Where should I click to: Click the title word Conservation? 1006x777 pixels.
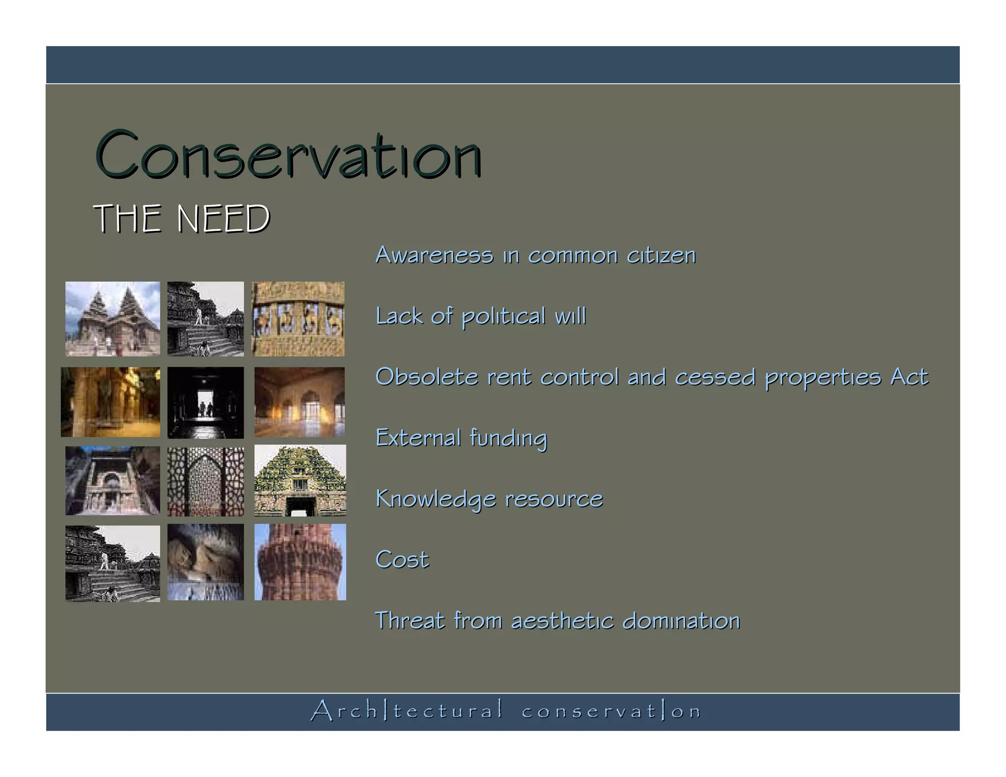pos(288,155)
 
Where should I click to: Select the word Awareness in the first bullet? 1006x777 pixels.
pos(434,255)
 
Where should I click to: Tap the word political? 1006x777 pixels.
pos(503,316)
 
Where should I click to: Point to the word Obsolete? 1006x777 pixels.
pos(426,377)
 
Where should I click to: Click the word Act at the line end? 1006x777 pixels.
pos(909,377)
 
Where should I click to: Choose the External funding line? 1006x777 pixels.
pos(461,438)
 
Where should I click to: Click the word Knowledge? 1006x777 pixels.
pos(436,499)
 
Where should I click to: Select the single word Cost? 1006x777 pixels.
pos(402,560)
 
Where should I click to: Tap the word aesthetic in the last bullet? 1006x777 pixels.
pos(562,621)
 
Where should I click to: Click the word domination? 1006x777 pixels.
pos(681,621)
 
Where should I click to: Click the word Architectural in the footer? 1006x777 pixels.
pos(407,711)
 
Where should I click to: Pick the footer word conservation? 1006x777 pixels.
pos(612,711)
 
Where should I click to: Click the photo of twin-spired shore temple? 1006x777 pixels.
pos(112,318)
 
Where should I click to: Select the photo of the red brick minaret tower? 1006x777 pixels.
pos(300,562)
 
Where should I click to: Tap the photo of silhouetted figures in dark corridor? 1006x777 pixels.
pos(205,402)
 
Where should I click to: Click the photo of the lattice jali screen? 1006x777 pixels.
pos(205,481)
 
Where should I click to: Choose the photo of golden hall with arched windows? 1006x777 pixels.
pos(299,402)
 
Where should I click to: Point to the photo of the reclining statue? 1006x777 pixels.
pos(205,562)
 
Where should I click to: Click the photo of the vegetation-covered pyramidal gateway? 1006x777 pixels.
pos(300,480)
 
